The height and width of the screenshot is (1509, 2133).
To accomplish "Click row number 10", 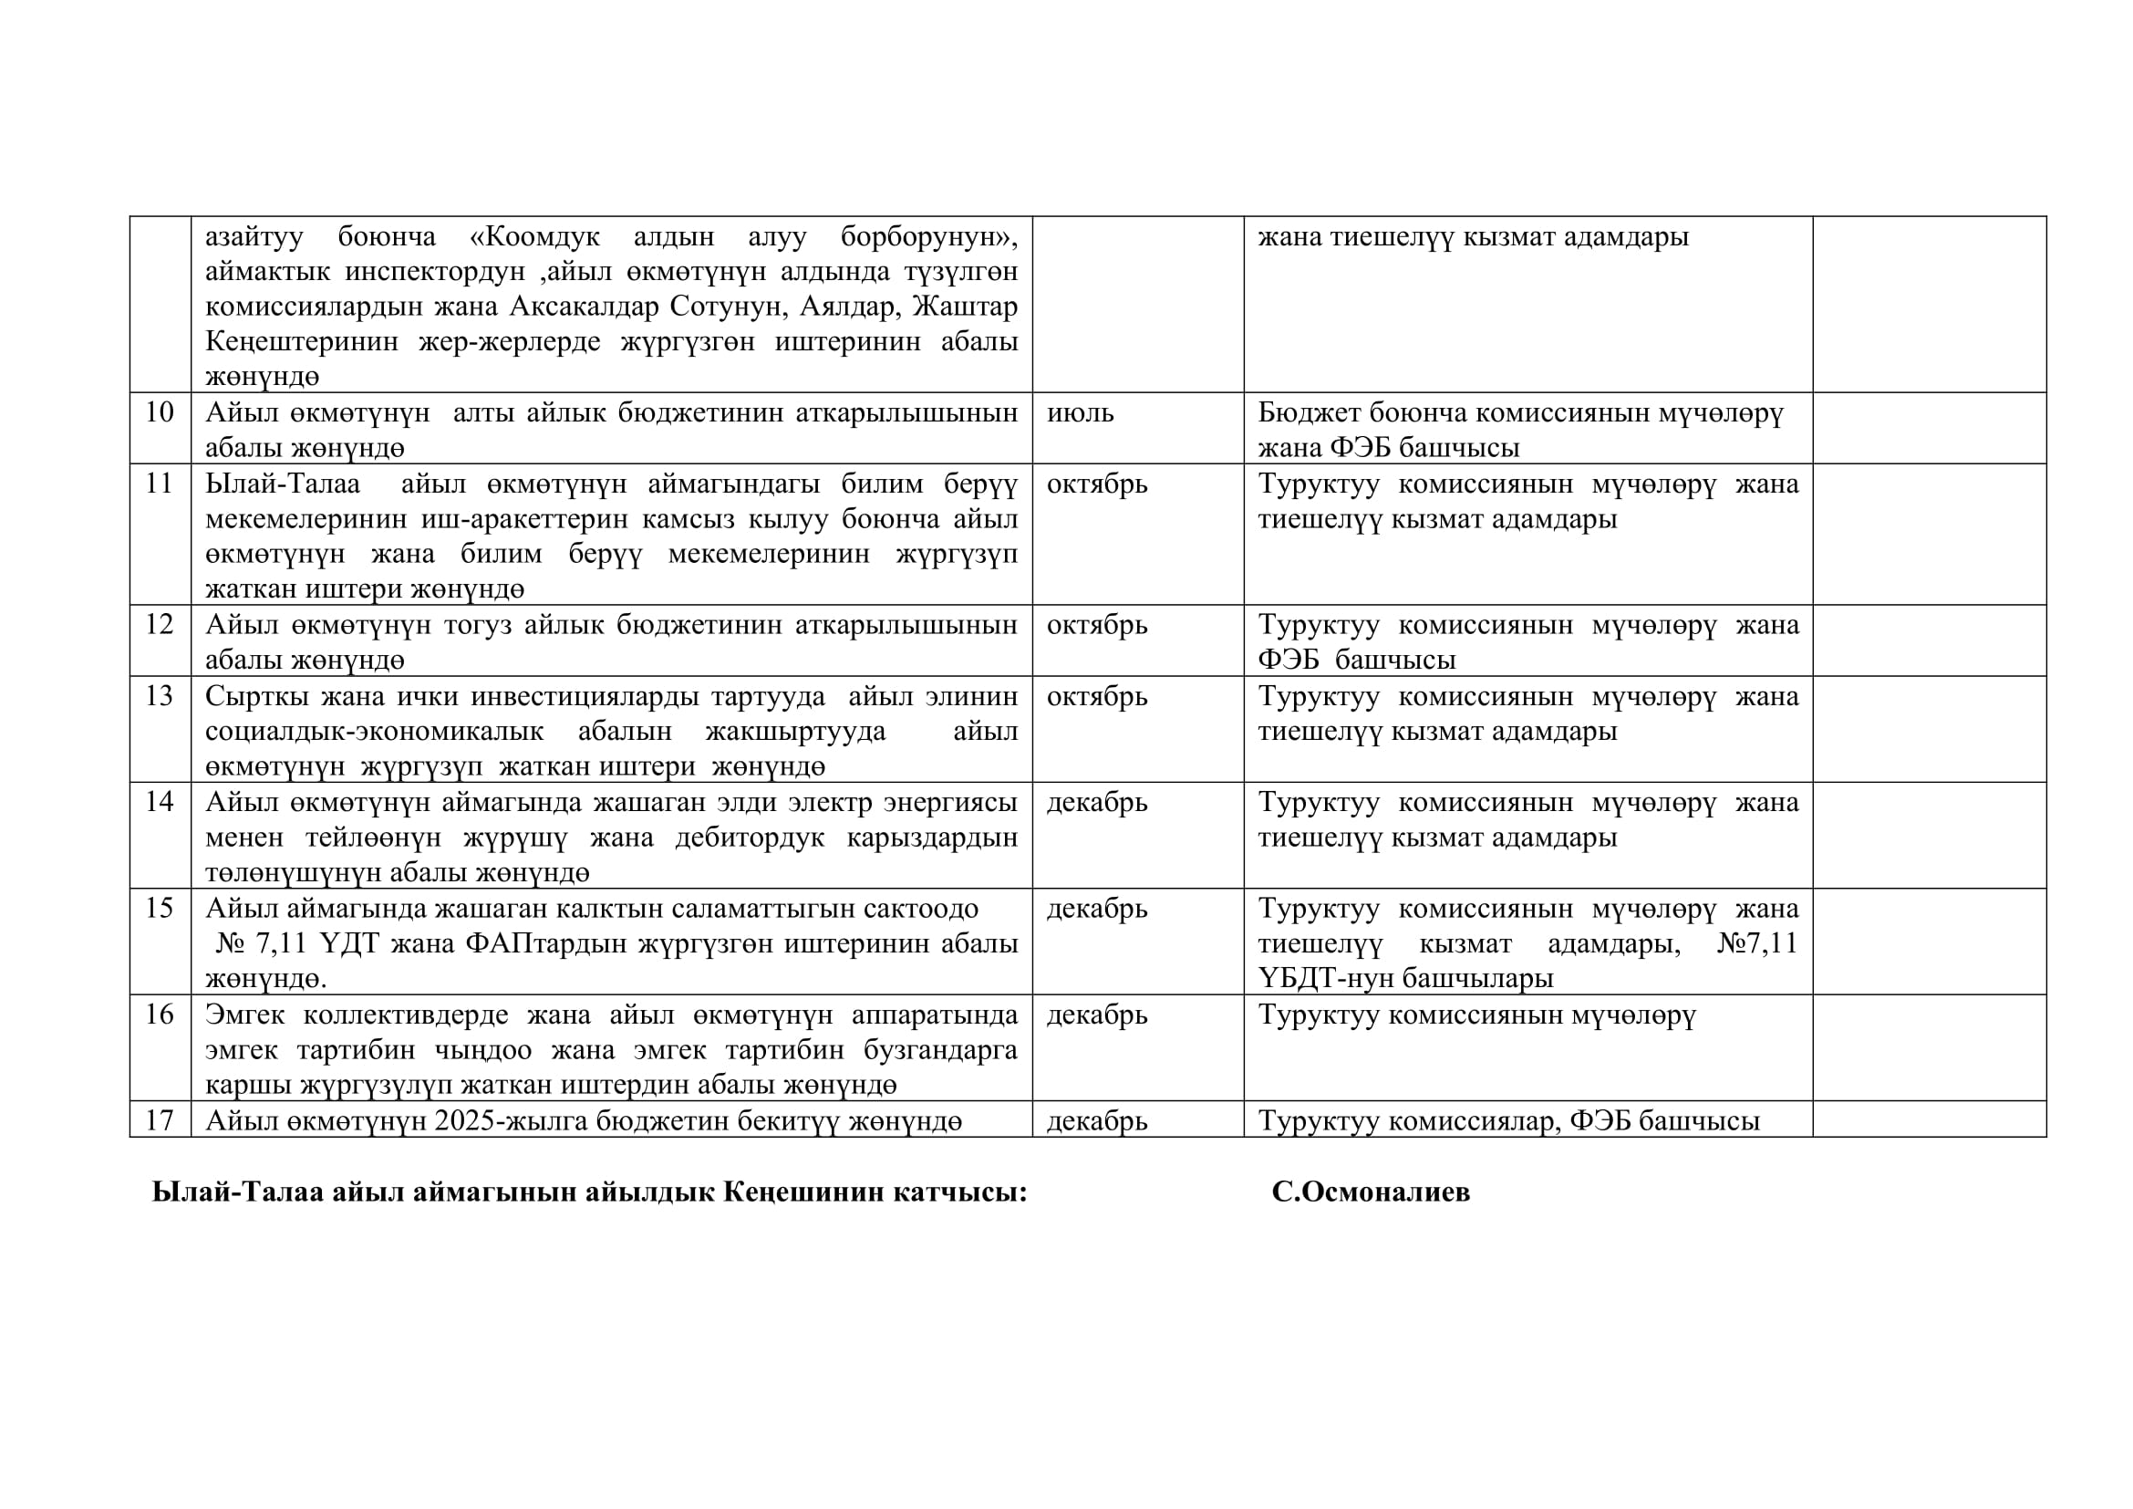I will (x=159, y=411).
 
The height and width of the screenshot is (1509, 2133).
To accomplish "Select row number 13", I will (x=159, y=696).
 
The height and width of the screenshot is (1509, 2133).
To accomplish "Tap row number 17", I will (x=159, y=1120).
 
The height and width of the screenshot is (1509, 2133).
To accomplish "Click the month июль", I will (x=1080, y=412).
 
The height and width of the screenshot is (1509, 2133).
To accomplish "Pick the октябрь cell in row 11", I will (x=1096, y=484).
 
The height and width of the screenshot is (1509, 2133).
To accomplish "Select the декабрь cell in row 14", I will (x=1096, y=802).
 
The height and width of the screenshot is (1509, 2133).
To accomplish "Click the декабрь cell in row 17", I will (x=1096, y=1121).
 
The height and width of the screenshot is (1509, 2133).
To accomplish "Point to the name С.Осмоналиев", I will (x=1371, y=1192).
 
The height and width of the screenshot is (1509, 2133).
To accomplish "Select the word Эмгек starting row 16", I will (x=244, y=1015).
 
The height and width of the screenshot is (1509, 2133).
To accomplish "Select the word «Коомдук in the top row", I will (x=534, y=237).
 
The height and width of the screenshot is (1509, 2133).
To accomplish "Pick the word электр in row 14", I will (x=830, y=802).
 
